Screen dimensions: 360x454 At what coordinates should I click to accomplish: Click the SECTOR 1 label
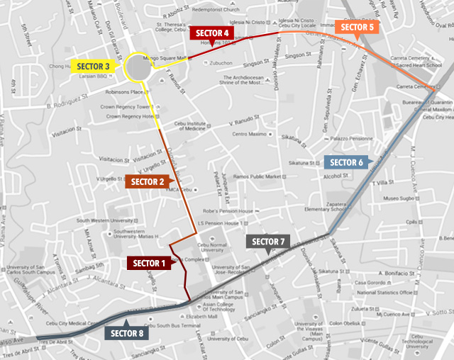[x=148, y=264]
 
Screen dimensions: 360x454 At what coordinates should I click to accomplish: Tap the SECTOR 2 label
[x=147, y=181]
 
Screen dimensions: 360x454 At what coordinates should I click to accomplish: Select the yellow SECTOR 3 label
[x=90, y=66]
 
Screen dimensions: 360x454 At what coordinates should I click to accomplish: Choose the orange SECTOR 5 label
[x=357, y=28]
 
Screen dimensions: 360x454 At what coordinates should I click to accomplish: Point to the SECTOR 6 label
[x=345, y=163]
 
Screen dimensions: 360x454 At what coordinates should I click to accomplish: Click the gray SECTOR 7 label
[x=267, y=242]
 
